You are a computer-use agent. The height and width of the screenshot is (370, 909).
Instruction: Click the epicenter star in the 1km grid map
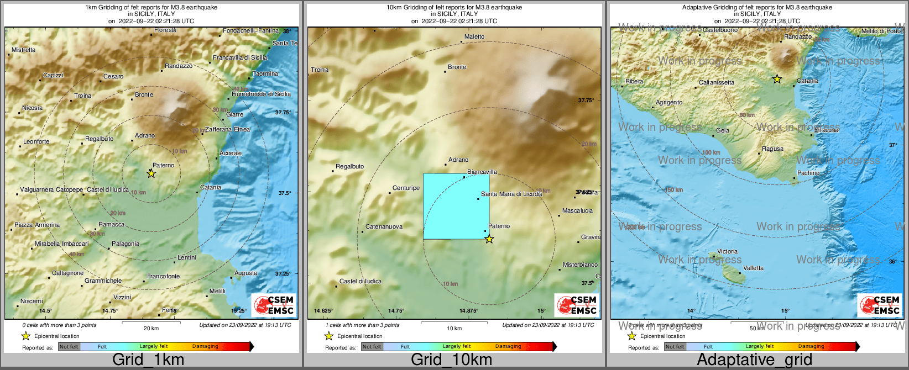[151, 173]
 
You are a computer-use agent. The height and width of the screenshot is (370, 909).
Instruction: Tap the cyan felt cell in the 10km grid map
[456, 207]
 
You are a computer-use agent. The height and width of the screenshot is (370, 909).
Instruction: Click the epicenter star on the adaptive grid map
[777, 79]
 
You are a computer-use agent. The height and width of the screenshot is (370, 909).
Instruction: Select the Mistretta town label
[23, 50]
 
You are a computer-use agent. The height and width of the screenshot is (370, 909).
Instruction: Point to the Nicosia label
[32, 108]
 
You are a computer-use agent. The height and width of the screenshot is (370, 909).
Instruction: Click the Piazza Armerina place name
[37, 225]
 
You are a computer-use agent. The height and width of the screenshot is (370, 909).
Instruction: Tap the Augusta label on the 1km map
[245, 273]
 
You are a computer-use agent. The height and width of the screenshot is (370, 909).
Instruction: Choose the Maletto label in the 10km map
[474, 36]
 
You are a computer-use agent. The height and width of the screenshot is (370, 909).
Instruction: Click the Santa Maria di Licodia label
[511, 194]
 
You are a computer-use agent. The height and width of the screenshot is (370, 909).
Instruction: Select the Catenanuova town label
[384, 226]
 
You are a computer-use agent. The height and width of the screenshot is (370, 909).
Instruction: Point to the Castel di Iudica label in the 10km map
[361, 281]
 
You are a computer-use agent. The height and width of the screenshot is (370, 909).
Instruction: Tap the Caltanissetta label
[717, 82]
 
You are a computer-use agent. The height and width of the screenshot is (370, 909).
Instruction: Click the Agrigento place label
[669, 102]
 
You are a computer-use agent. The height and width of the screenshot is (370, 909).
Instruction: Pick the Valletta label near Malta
[753, 268]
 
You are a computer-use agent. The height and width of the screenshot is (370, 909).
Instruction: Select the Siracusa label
[826, 130]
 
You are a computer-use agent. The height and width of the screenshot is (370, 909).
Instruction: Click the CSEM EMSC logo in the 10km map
[577, 305]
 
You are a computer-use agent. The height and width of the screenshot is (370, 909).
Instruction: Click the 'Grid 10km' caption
[451, 360]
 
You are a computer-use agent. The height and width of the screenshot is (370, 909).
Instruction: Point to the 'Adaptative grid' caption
[754, 360]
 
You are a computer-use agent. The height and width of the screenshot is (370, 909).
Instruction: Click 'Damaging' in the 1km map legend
[205, 346]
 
